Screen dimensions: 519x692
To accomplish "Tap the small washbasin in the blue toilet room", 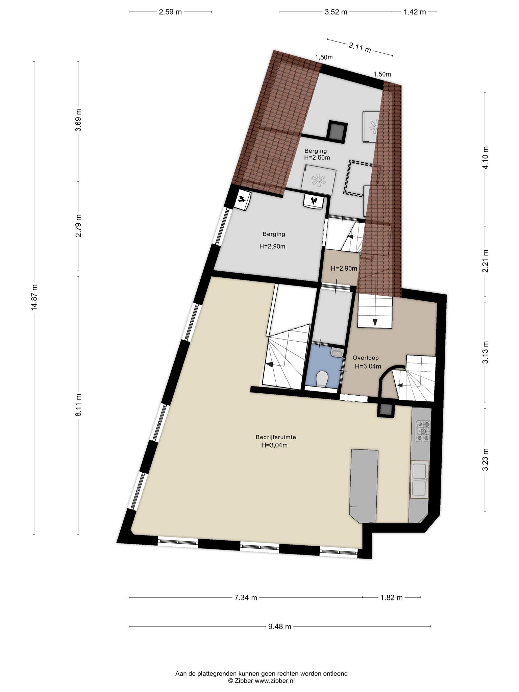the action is click(x=337, y=353).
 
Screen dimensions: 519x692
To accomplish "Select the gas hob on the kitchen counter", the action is click(x=423, y=431).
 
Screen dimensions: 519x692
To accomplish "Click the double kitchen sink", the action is click(x=419, y=479).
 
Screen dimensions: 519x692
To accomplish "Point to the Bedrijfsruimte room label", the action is click(x=276, y=437).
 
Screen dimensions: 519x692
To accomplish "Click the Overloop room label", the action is click(x=366, y=357).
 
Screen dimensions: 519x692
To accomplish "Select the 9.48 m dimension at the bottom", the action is click(x=280, y=627).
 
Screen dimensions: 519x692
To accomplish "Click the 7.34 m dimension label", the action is click(x=246, y=597).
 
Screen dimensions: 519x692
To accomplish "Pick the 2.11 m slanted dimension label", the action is click(x=360, y=48).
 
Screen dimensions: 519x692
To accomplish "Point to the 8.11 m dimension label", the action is click(x=78, y=405).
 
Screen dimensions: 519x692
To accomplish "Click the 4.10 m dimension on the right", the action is click(x=486, y=157).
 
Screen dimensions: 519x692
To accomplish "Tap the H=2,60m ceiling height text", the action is click(x=317, y=157).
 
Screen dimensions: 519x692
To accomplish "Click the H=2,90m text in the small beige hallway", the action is click(x=344, y=268).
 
